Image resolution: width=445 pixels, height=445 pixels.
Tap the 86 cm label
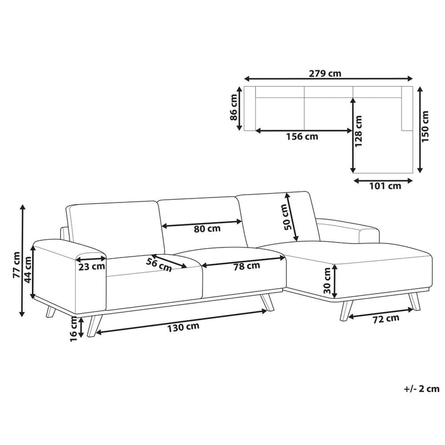(x=235, y=108)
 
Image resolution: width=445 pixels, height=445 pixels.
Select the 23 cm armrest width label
(x=91, y=266)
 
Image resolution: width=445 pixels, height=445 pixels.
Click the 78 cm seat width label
(x=246, y=266)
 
